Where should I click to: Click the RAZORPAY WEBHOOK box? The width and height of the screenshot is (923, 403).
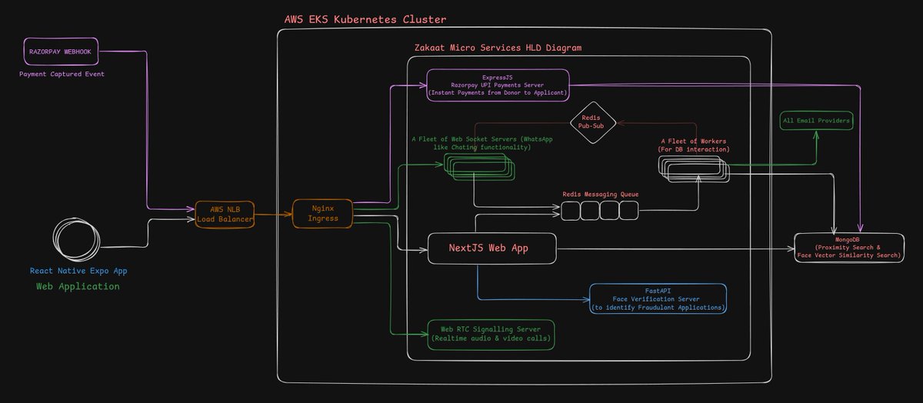(61, 52)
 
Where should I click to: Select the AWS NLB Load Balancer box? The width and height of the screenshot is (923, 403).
(225, 215)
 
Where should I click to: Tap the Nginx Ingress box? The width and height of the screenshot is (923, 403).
(322, 214)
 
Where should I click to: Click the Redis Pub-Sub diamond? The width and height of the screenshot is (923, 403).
(592, 122)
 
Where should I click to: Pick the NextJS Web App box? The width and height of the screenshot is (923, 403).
(492, 248)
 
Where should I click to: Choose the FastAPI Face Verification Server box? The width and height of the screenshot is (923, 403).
(658, 298)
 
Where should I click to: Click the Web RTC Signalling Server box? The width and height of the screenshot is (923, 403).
(491, 335)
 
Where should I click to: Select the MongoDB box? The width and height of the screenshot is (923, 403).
(849, 248)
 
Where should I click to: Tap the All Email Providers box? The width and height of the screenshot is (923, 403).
(816, 121)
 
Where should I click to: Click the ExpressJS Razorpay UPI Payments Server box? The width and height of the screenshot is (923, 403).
(498, 85)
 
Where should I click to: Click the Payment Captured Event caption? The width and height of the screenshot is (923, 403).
(62, 74)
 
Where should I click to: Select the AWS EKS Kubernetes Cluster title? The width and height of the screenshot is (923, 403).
(365, 19)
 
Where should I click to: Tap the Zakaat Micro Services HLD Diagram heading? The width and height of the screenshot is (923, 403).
(498, 48)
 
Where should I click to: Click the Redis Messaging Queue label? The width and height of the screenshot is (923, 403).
(601, 194)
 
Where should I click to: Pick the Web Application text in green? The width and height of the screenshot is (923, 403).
(78, 286)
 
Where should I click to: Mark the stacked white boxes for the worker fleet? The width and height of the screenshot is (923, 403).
(694, 169)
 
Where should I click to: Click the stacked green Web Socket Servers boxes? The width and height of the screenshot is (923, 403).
(479, 167)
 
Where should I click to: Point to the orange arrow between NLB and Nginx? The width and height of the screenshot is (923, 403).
(273, 215)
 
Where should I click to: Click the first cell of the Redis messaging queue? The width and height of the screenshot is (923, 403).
(570, 211)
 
